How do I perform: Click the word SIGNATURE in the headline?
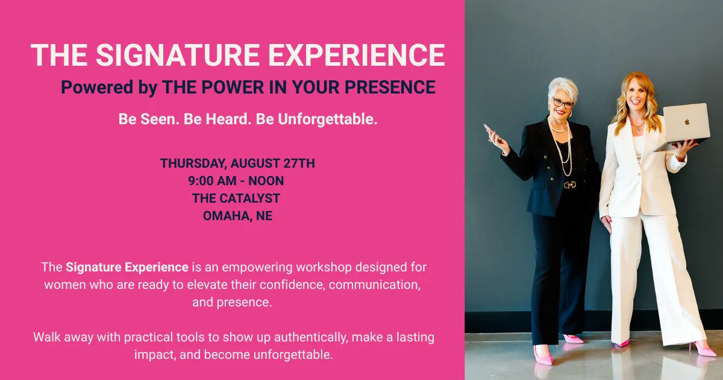pyautogui.click(x=178, y=55)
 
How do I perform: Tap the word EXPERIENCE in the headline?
pyautogui.click(x=357, y=55)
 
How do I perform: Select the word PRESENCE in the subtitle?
pyautogui.click(x=390, y=87)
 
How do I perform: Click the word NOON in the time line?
pyautogui.click(x=266, y=180)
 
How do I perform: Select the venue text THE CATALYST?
pyautogui.click(x=236, y=198)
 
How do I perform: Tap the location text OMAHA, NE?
pyautogui.click(x=237, y=215)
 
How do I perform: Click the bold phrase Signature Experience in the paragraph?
pyautogui.click(x=127, y=267)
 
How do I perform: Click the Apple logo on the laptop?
pyautogui.click(x=687, y=122)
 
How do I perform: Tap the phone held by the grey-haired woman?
pyautogui.click(x=492, y=133)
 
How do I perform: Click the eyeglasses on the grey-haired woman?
pyautogui.click(x=563, y=103)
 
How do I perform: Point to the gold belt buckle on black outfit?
pyautogui.click(x=570, y=185)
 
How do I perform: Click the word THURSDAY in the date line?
pyautogui.click(x=193, y=163)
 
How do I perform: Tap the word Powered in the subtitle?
pyautogui.click(x=97, y=87)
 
